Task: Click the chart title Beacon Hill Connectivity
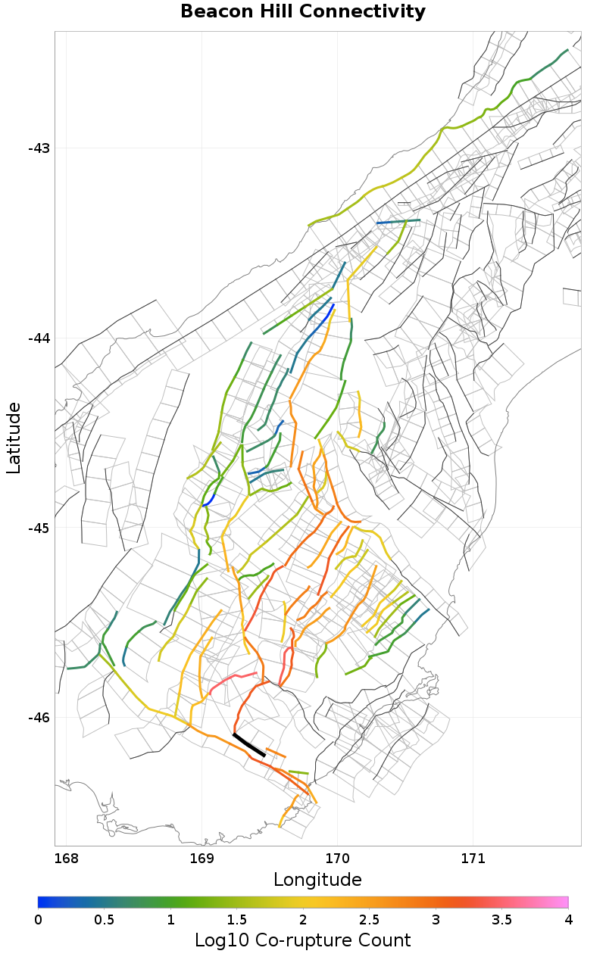[x=303, y=12]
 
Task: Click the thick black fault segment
[x=249, y=745]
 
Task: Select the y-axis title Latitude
[x=14, y=438]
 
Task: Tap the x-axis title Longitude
[x=317, y=880]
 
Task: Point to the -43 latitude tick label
[x=39, y=148]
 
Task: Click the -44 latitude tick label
[x=39, y=338]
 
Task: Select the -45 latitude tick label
[x=39, y=528]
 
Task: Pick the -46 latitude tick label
[x=39, y=719]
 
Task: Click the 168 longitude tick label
[x=67, y=859]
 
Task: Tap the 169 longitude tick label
[x=201, y=859]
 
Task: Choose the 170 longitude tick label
[x=337, y=859]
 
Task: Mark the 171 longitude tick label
[x=473, y=859]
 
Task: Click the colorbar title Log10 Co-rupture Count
[x=303, y=940]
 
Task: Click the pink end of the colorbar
[x=562, y=902]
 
